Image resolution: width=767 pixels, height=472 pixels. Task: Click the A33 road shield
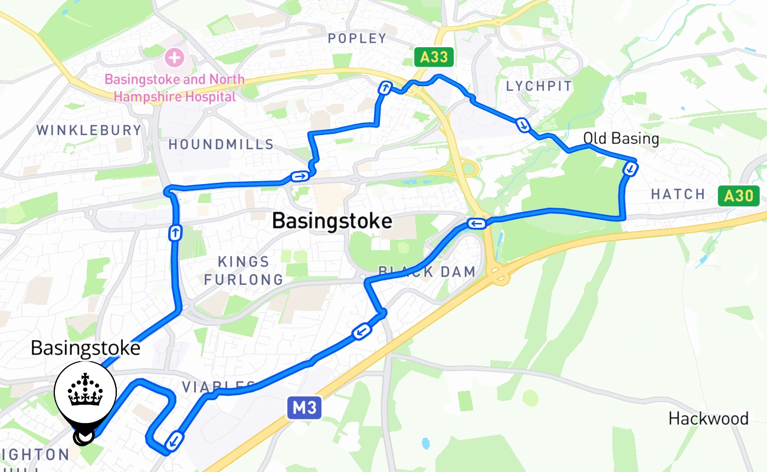pyautogui.click(x=434, y=57)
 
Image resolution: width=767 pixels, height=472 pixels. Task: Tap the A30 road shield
pyautogui.click(x=738, y=196)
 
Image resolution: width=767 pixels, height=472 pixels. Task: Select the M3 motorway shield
pyautogui.click(x=304, y=408)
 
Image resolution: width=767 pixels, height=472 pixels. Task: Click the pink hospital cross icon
pyautogui.click(x=174, y=58)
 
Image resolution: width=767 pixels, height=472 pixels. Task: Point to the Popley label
pyautogui.click(x=357, y=39)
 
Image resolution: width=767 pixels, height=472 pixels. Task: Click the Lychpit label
pyautogui.click(x=539, y=86)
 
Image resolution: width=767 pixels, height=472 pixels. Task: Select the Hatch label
pyautogui.click(x=678, y=194)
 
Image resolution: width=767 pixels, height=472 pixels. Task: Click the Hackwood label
pyautogui.click(x=708, y=419)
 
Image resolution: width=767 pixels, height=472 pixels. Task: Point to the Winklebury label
pyautogui.click(x=89, y=130)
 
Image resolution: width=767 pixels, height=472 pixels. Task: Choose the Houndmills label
pyautogui.click(x=221, y=145)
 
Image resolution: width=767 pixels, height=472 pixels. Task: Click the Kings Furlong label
pyautogui.click(x=244, y=270)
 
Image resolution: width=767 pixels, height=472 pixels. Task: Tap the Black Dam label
pyautogui.click(x=427, y=271)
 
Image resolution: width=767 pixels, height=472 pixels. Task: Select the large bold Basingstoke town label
pyautogui.click(x=332, y=221)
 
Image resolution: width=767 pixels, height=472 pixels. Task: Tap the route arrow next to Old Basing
pyautogui.click(x=631, y=169)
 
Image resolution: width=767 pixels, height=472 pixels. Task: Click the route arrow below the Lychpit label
pyautogui.click(x=523, y=124)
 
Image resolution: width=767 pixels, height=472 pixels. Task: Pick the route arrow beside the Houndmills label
pyautogui.click(x=299, y=176)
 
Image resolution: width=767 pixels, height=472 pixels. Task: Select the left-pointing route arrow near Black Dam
pyautogui.click(x=476, y=223)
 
